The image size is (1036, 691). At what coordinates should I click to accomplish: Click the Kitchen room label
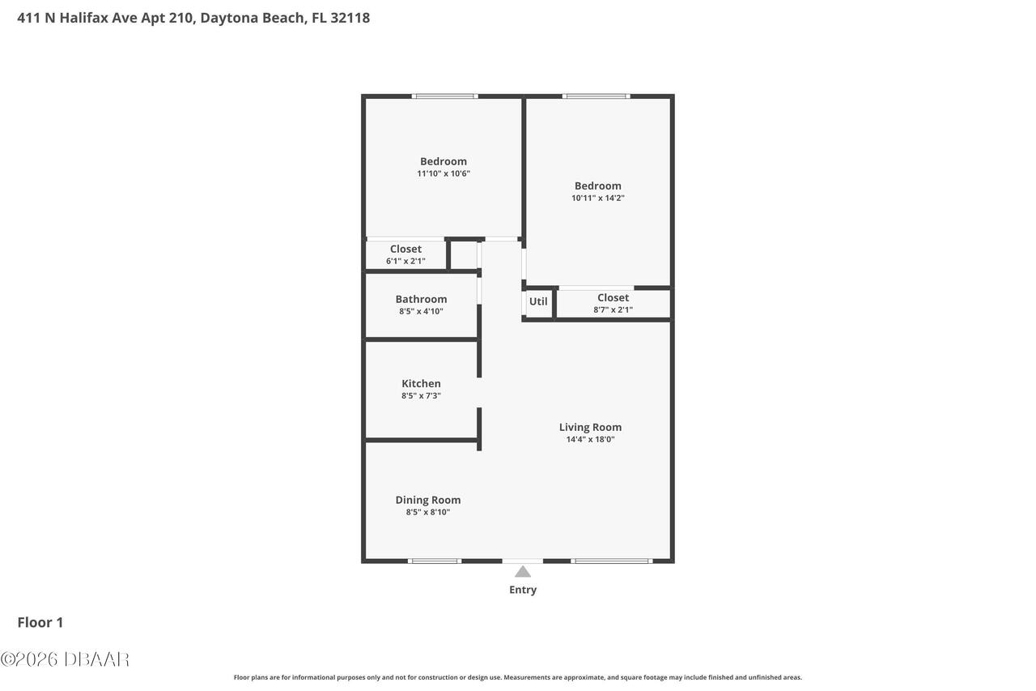coord(421,384)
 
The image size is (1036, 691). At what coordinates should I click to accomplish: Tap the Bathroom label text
coord(421,300)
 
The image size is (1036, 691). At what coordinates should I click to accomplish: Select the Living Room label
coord(590,428)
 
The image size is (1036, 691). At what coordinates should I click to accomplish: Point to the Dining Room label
coord(427,500)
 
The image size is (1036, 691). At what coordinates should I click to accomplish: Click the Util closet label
coord(538,301)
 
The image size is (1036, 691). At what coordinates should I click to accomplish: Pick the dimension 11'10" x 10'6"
coord(444,173)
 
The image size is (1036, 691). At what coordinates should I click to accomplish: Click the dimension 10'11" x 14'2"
coord(598,198)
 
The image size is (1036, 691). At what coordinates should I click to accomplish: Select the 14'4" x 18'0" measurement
coord(590,440)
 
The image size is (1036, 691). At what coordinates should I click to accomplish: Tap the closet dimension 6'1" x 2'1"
coord(405,261)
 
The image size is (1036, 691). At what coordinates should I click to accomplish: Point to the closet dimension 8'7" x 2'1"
coord(613,309)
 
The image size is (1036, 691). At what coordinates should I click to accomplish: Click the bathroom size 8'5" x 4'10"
coord(421,311)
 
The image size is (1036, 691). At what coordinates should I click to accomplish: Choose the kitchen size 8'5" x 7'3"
coord(421,396)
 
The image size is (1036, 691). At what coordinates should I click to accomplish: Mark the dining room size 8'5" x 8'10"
coord(427,512)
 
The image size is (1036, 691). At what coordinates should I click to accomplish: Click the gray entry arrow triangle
coord(523,572)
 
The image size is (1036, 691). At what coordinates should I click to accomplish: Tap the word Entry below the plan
coord(523,590)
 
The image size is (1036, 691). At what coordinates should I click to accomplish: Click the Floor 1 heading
coord(40,622)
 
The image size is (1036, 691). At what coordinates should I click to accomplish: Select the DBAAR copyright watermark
coord(65,659)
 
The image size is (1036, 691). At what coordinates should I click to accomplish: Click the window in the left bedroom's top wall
coord(444,96)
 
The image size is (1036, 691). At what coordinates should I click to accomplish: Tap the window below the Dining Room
coord(435,561)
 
